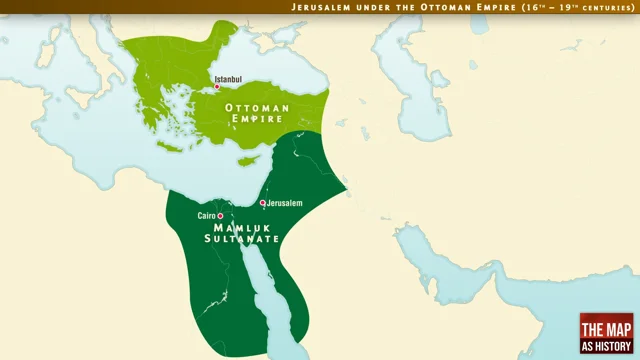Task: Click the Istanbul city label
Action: pos(228,78)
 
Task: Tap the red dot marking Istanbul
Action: pos(217,87)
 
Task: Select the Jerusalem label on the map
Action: pos(285,203)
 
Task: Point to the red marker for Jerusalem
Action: pos(263,203)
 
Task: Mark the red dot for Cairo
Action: pos(221,216)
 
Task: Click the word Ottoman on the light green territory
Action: pos(258,107)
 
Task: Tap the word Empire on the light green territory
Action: pos(258,119)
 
